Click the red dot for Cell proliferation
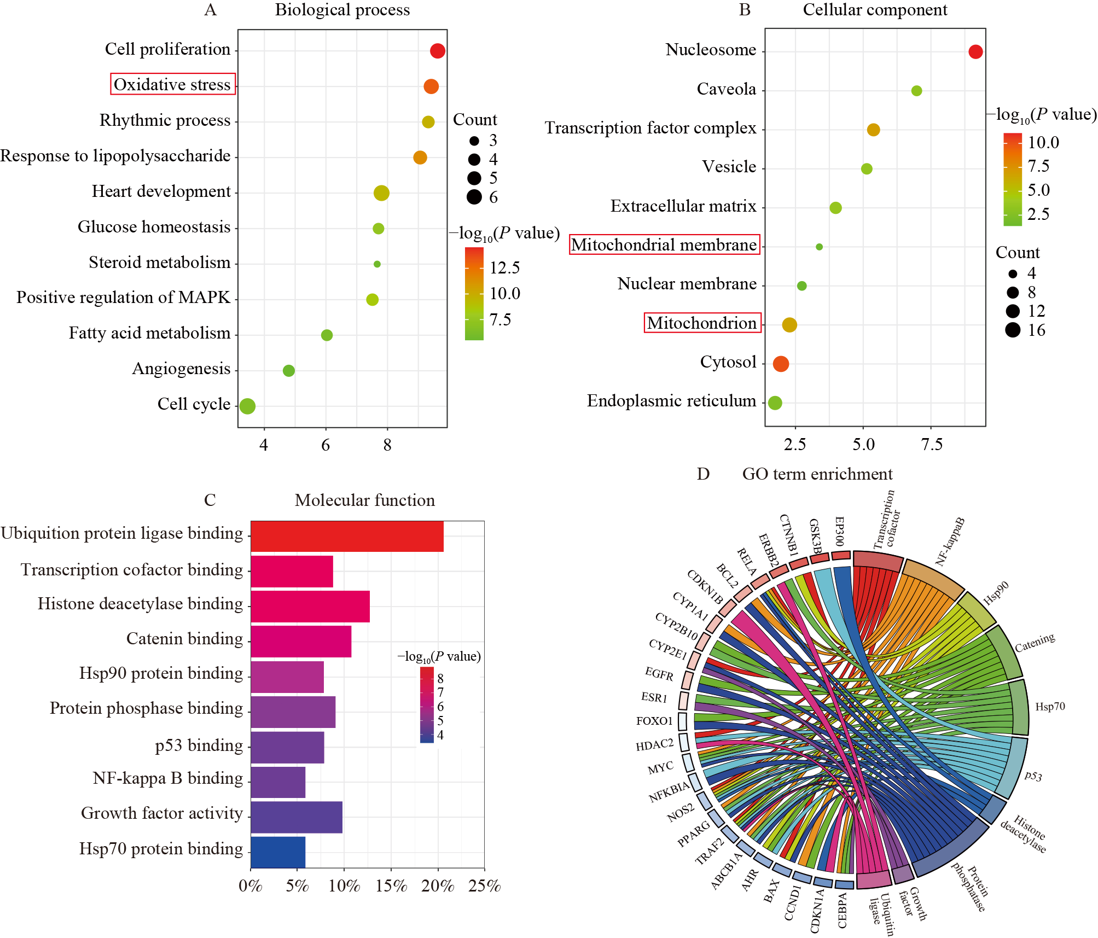click(437, 51)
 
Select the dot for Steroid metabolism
click(377, 264)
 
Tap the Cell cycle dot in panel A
click(247, 406)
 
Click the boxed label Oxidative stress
click(173, 84)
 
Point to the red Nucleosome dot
click(975, 51)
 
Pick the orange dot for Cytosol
click(781, 364)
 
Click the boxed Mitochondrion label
click(702, 323)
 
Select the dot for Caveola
click(916, 91)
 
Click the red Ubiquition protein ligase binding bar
click(347, 536)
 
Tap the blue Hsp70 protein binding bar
click(278, 852)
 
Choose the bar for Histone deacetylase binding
click(310, 606)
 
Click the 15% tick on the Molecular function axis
click(391, 886)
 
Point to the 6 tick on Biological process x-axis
click(326, 445)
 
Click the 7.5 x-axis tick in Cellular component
click(932, 444)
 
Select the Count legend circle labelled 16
click(1013, 330)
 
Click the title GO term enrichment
click(817, 474)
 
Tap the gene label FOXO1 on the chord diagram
click(654, 721)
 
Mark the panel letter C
click(210, 500)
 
